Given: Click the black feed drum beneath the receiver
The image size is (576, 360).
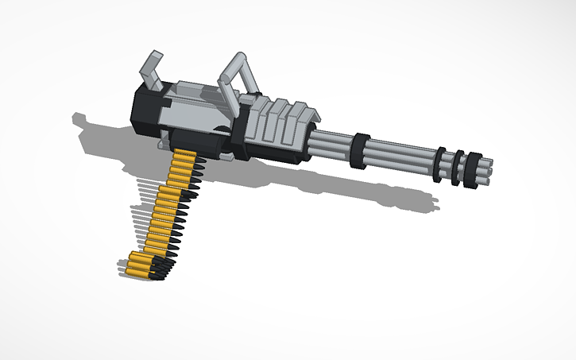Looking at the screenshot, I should pos(208,141).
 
